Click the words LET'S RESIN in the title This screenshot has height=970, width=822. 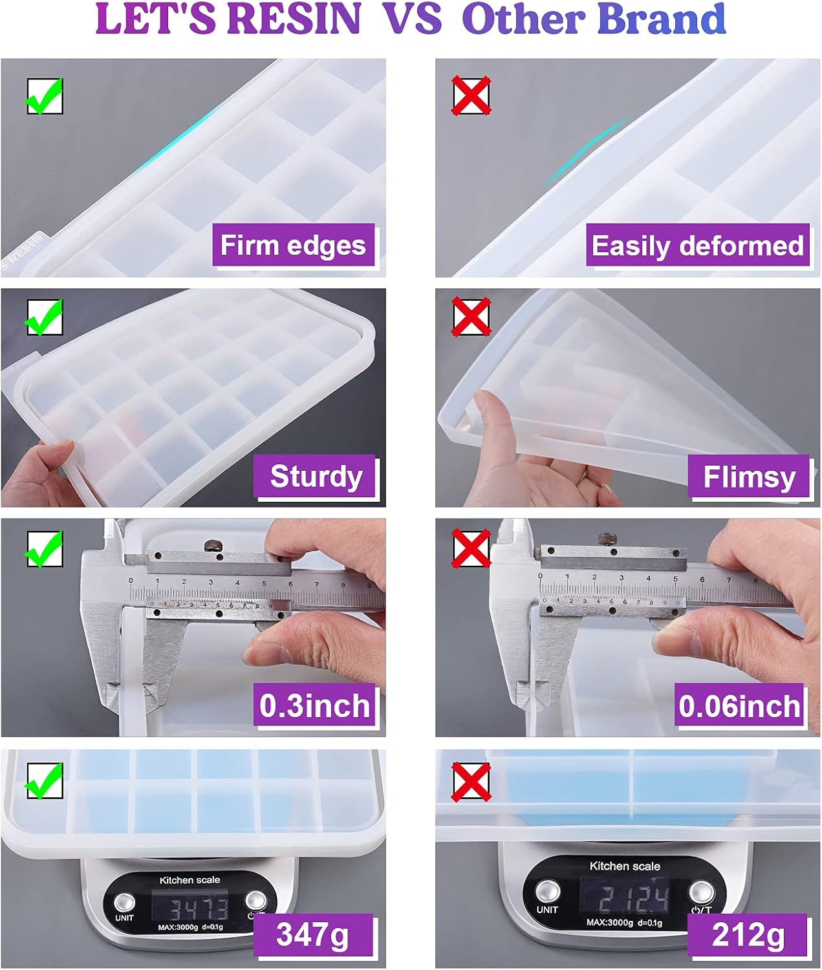[x=228, y=19]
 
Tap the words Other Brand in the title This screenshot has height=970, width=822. [x=594, y=19]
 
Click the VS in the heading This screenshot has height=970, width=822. [x=413, y=19]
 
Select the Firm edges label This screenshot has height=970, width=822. [x=294, y=246]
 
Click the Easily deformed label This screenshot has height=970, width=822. [x=698, y=246]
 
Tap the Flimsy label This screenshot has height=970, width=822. [x=749, y=477]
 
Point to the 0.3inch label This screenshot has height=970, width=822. [x=315, y=705]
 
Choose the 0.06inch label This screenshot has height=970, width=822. [x=740, y=705]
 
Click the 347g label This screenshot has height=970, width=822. [x=313, y=935]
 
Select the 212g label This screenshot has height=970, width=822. [x=748, y=935]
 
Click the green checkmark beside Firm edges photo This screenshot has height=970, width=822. [x=44, y=96]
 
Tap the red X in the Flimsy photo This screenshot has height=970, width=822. [x=471, y=316]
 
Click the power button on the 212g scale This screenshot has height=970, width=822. [x=701, y=891]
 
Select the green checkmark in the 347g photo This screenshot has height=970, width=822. [x=44, y=781]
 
